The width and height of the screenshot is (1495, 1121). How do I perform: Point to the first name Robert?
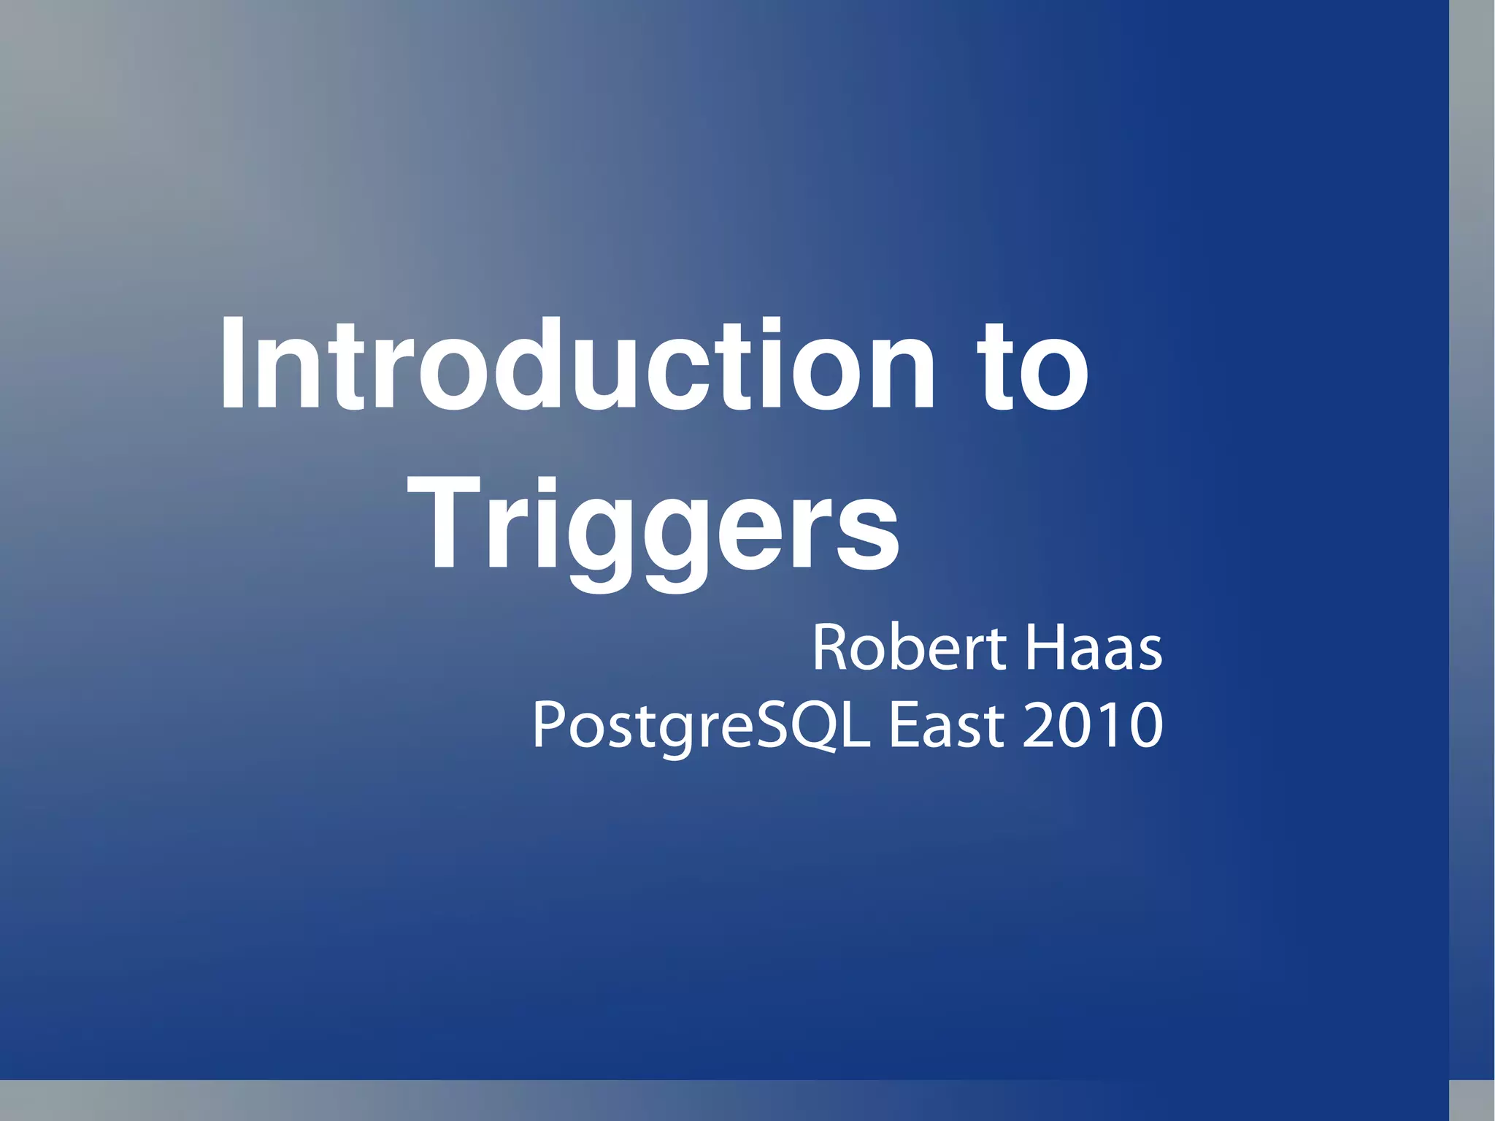(910, 648)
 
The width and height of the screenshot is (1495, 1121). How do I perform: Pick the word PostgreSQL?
(702, 726)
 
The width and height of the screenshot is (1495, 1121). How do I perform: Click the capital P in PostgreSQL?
(547, 724)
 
